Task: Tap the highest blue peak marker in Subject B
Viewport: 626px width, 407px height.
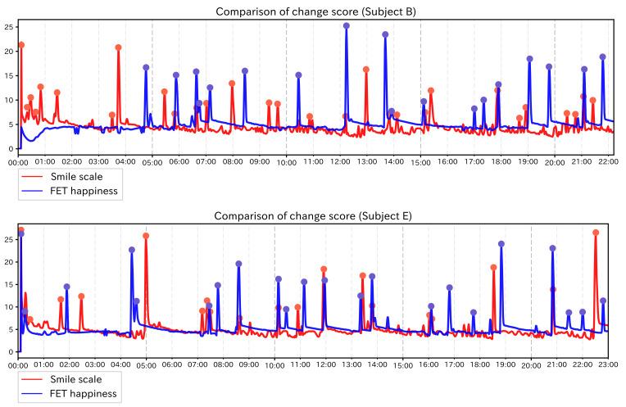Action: click(347, 25)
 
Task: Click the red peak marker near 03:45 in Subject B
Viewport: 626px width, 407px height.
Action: click(119, 47)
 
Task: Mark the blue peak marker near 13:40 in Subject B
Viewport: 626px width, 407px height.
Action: click(385, 34)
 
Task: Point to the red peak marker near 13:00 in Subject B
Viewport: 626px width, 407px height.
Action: click(365, 70)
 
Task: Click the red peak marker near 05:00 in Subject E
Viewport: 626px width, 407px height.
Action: click(146, 236)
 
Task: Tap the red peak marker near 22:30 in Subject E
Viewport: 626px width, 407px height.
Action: click(596, 233)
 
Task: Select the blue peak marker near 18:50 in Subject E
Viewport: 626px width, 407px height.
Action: click(501, 244)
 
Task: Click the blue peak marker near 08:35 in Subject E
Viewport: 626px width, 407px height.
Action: click(238, 264)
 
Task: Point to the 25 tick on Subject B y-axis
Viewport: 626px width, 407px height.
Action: click(8, 27)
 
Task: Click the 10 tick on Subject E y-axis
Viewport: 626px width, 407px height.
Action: click(8, 307)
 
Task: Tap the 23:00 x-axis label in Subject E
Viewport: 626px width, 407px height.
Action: click(608, 364)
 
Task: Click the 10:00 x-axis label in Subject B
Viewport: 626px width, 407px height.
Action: click(286, 161)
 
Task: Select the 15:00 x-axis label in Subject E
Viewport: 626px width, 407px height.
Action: click(402, 364)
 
